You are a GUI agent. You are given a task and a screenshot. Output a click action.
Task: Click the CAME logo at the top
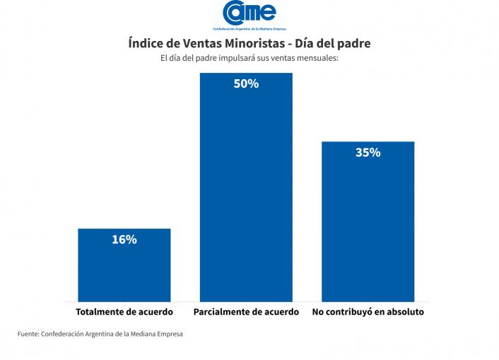click(x=249, y=12)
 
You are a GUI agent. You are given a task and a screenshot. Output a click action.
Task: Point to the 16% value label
click(x=124, y=240)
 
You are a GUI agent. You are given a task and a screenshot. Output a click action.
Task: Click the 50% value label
click(x=246, y=83)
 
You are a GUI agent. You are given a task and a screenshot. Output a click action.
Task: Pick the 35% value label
click(x=368, y=152)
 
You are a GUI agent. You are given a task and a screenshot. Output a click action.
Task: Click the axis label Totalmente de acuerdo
click(x=124, y=312)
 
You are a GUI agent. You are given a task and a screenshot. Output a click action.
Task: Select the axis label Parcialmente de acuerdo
click(x=246, y=312)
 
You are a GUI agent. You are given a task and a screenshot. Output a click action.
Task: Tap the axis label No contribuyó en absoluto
click(x=368, y=312)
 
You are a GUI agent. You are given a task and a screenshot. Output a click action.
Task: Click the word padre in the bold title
click(x=352, y=43)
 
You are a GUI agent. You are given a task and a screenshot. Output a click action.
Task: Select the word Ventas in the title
click(x=205, y=43)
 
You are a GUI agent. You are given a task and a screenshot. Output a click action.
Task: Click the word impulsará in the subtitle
click(x=233, y=58)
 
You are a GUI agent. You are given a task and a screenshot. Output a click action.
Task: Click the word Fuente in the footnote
click(x=28, y=334)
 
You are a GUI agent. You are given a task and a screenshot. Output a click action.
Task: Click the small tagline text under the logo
click(x=249, y=28)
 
